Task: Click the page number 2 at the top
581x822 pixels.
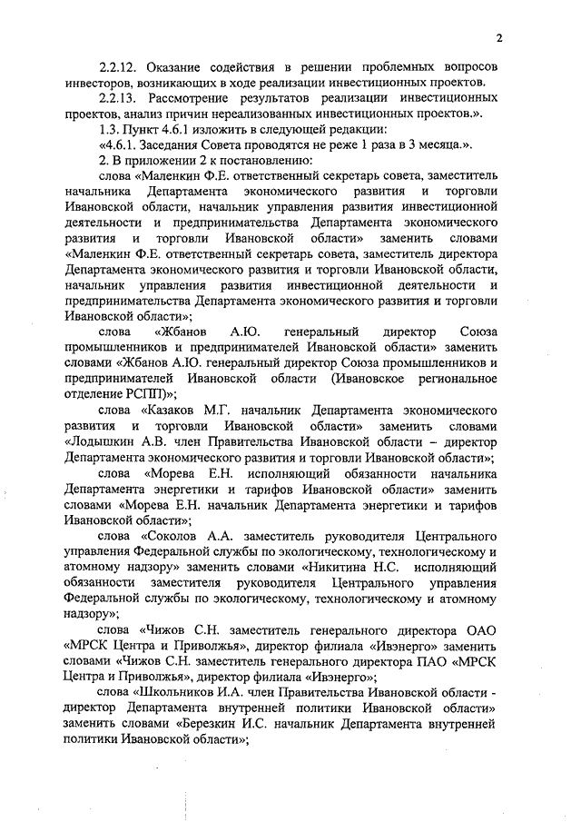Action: (498, 38)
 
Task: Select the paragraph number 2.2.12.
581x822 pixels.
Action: (119, 68)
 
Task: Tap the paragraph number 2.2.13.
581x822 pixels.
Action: (119, 99)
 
